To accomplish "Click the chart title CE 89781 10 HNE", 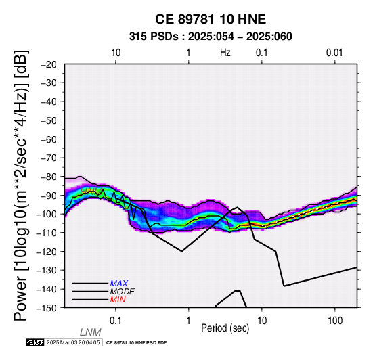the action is point(211,19).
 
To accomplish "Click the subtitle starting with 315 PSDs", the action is point(211,37).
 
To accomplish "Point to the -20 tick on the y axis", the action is point(48,64).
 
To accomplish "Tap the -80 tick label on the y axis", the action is point(48,177).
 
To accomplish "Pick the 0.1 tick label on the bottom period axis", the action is point(116,321).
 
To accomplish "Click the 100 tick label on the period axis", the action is point(335,321).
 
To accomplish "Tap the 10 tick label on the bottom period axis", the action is point(262,321).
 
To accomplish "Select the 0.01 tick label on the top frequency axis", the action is point(334,53).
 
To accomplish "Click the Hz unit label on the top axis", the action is point(225,53).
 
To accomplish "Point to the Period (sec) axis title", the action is point(225,328).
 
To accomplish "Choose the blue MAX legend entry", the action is point(119,284).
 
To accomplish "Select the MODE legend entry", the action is point(122,292).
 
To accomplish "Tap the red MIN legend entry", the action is point(118,300).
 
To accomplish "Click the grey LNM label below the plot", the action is point(91,332).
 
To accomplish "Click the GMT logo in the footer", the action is point(35,342).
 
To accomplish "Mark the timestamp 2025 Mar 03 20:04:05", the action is point(73,342).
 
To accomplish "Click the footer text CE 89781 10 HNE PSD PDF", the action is point(136,343).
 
